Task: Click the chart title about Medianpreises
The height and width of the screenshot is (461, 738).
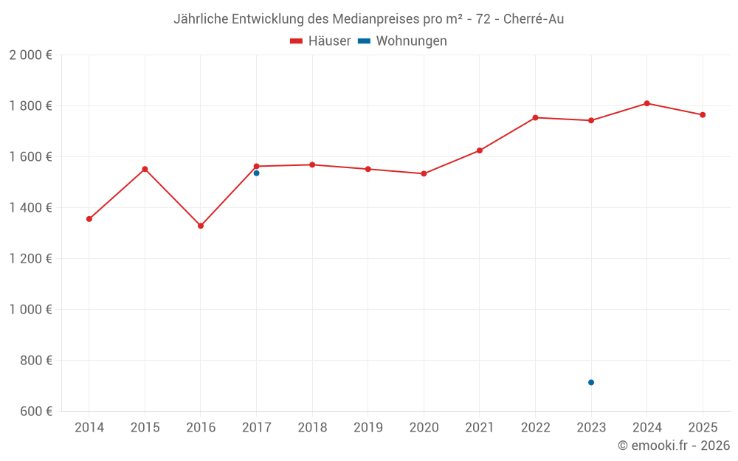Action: (368, 19)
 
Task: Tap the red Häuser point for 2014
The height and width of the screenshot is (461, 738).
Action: (89, 219)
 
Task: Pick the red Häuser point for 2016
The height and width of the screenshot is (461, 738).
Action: (201, 226)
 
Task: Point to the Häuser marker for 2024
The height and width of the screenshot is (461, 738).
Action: (646, 103)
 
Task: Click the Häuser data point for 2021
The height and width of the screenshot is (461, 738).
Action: (480, 150)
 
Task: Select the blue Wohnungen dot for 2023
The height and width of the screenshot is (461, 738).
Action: (591, 382)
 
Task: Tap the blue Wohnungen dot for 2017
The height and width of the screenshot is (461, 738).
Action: (256, 173)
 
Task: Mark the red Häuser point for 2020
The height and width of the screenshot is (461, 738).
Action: (424, 173)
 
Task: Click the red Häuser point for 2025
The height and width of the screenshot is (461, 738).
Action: (703, 115)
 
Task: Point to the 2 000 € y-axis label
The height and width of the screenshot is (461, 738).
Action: (30, 55)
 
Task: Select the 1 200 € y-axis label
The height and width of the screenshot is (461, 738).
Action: (30, 259)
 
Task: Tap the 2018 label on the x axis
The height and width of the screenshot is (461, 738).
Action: (312, 428)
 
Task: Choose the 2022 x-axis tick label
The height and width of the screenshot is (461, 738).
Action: (535, 428)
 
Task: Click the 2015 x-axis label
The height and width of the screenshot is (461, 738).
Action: (145, 428)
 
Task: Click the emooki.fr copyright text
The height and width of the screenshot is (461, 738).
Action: (673, 446)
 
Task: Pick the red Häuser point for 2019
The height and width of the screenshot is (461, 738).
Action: (368, 169)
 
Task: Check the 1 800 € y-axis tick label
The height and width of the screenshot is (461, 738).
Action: (30, 106)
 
